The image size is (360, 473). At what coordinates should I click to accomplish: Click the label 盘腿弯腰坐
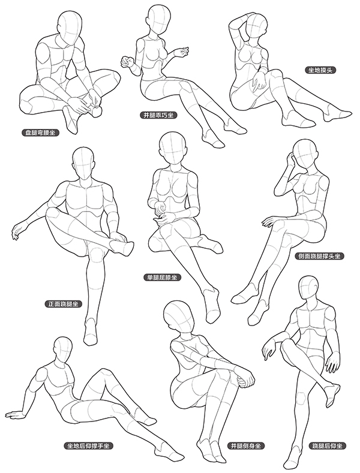click(40, 132)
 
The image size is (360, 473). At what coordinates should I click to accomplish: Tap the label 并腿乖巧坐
click(158, 115)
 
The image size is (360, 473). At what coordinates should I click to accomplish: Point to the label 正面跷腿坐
click(63, 304)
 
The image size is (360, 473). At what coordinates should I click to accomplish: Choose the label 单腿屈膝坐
click(163, 278)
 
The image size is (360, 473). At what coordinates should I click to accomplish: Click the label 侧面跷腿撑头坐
click(319, 257)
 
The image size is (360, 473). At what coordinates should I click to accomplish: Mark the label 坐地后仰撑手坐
click(89, 445)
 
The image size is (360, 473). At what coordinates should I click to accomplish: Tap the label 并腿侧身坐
click(246, 445)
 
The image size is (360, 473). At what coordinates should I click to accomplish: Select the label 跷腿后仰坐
click(328, 445)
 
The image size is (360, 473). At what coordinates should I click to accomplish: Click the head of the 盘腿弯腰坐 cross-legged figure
click(70, 26)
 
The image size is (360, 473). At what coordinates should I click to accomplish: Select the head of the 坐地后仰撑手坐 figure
click(63, 350)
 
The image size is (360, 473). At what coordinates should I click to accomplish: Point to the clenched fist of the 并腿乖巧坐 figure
click(126, 62)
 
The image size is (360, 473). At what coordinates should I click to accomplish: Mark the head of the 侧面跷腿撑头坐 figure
click(305, 155)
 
